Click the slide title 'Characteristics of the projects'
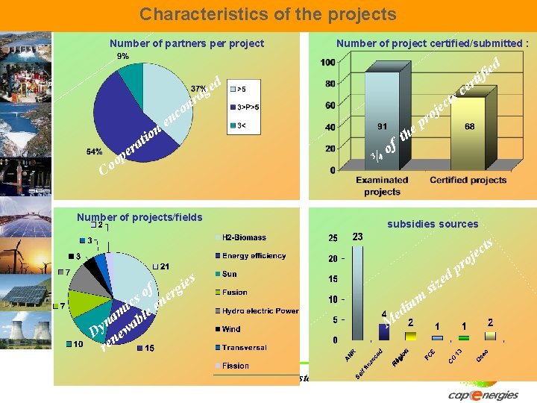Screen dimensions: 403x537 [268, 14]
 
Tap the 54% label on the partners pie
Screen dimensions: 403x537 [94, 151]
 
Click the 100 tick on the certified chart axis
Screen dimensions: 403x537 [327, 62]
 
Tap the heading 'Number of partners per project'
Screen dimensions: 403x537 [186, 43]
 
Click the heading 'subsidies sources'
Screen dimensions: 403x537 [433, 224]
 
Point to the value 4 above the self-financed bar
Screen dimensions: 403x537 [383, 314]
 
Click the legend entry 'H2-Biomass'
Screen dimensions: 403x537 [244, 237]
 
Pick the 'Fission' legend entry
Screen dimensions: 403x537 [235, 366]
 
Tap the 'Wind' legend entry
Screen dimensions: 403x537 [231, 329]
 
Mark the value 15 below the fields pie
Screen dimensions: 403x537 [149, 349]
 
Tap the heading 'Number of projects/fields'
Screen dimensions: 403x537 [139, 217]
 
